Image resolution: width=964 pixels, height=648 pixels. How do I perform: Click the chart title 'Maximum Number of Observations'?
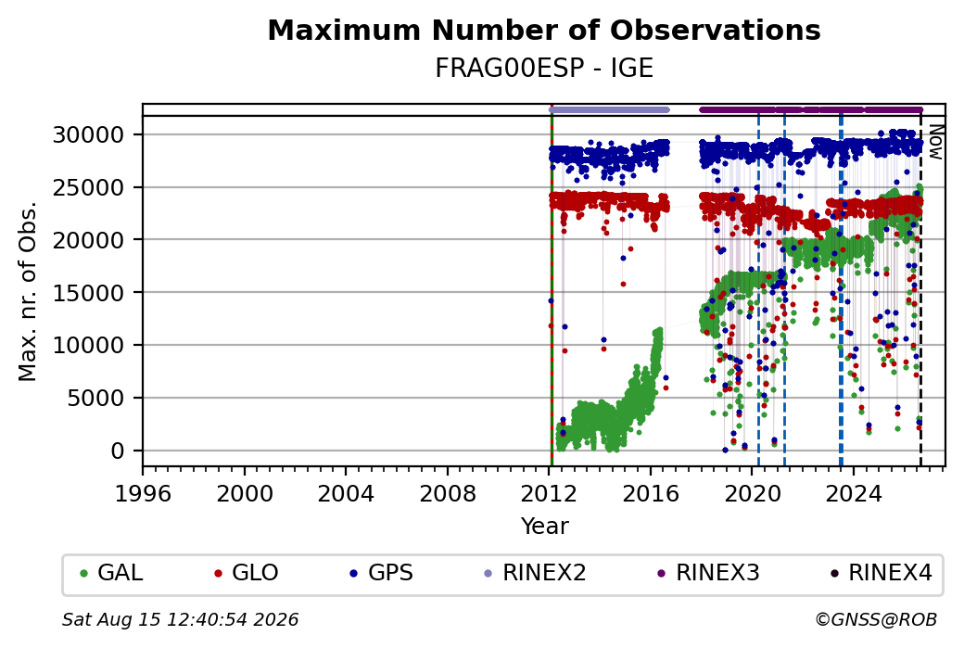pyautogui.click(x=544, y=30)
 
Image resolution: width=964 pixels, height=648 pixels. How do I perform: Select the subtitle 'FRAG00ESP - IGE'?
pyautogui.click(x=544, y=68)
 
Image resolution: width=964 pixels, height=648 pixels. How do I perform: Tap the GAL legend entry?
pyautogui.click(x=111, y=573)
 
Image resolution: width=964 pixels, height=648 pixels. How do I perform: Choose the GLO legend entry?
pyautogui.click(x=246, y=573)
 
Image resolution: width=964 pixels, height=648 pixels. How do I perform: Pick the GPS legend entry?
pyautogui.click(x=381, y=573)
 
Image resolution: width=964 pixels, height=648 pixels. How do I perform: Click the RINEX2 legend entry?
pyautogui.click(x=536, y=573)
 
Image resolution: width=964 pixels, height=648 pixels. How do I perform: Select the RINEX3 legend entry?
pyautogui.click(x=708, y=573)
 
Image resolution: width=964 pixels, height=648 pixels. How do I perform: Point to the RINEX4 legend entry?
pyautogui.click(x=881, y=573)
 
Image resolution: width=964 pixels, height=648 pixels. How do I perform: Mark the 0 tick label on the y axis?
pyautogui.click(x=118, y=451)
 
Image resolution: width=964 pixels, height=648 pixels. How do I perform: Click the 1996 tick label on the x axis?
pyautogui.click(x=143, y=493)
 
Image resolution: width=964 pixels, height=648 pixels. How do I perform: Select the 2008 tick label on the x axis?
pyautogui.click(x=447, y=493)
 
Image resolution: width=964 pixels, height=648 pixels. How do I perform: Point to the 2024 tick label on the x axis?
pyautogui.click(x=854, y=493)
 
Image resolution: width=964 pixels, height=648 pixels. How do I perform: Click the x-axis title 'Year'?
pyautogui.click(x=544, y=527)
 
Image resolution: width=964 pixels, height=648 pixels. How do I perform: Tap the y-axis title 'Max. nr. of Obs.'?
pyautogui.click(x=28, y=291)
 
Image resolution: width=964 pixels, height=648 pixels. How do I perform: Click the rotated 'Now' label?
pyautogui.click(x=935, y=142)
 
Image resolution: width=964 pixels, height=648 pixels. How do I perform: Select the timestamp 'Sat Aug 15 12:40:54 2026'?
pyautogui.click(x=180, y=619)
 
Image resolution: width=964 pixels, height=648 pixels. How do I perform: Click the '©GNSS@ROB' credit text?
pyautogui.click(x=877, y=619)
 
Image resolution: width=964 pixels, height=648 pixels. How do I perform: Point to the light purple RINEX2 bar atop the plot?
pyautogui.click(x=609, y=110)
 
